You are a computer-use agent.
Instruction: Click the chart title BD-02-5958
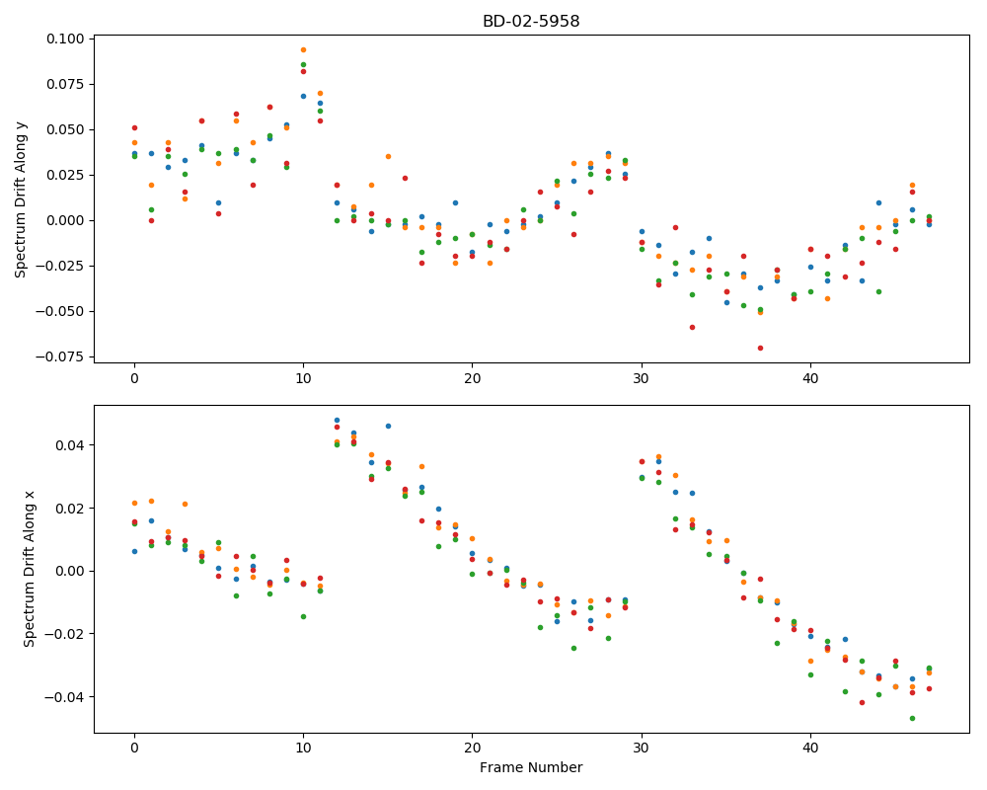pyautogui.click(x=531, y=21)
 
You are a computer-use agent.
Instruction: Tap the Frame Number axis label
pyautogui.click(x=531, y=767)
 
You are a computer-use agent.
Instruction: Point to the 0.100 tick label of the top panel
pyautogui.click(x=65, y=39)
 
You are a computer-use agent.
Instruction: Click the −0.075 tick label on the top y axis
pyautogui.click(x=60, y=357)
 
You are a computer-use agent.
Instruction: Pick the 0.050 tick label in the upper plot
pyautogui.click(x=65, y=129)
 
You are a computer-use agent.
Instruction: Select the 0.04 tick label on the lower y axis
pyautogui.click(x=69, y=445)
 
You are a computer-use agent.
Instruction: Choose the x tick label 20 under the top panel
pyautogui.click(x=472, y=378)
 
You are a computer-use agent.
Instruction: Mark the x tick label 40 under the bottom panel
pyautogui.click(x=810, y=749)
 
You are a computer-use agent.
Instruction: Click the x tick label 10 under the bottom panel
pyautogui.click(x=303, y=749)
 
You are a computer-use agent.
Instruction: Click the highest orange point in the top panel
pyautogui.click(x=303, y=49)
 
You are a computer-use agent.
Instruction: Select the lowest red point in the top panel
pyautogui.click(x=760, y=349)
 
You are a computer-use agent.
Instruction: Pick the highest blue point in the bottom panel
pyautogui.click(x=337, y=421)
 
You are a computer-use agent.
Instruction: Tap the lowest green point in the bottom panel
pyautogui.click(x=912, y=719)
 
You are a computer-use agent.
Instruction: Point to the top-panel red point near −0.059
pyautogui.click(x=693, y=328)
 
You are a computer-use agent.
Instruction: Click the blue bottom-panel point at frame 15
pyautogui.click(x=388, y=427)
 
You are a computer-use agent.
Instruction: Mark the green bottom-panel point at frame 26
pyautogui.click(x=573, y=648)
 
